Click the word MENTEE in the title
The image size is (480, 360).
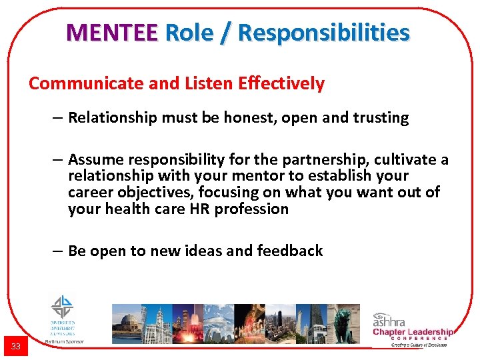tap(112, 32)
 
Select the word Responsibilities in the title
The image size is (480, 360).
tap(323, 32)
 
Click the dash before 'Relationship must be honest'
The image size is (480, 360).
tap(59, 118)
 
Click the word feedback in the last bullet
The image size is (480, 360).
tap(291, 251)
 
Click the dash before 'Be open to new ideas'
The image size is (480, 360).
tap(59, 251)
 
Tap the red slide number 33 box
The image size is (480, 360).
tap(15, 346)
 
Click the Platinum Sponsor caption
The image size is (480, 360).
tap(64, 341)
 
